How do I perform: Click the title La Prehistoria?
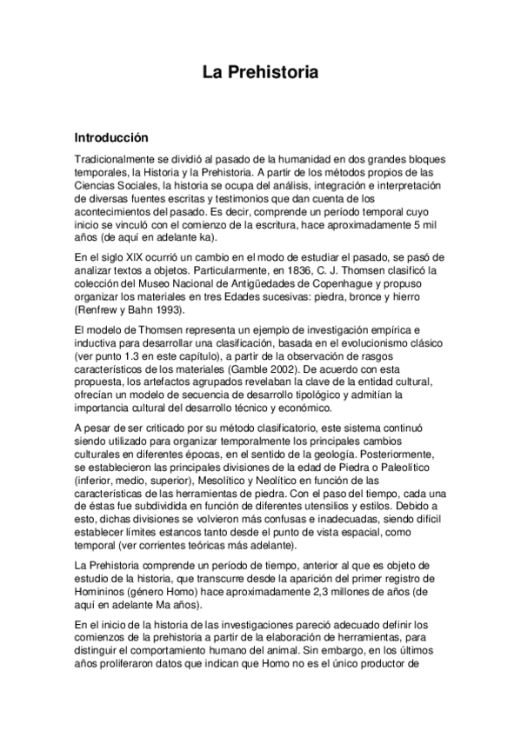click(260, 75)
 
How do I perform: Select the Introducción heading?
click(111, 137)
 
